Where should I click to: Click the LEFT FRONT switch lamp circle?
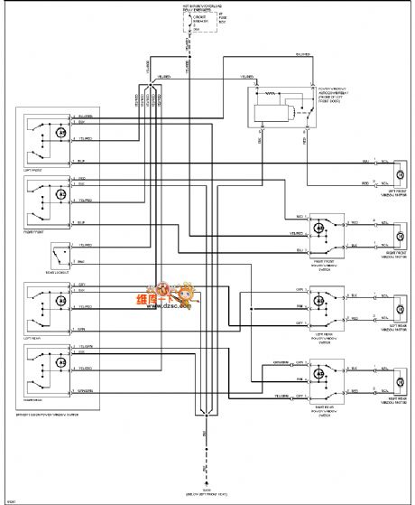click(x=61, y=131)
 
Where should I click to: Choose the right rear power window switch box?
click(x=322, y=370)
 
